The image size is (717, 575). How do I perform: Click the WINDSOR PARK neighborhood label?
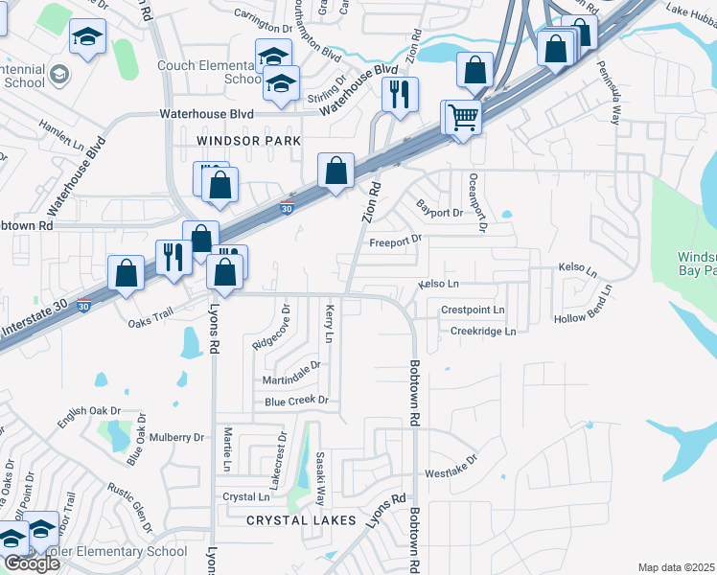click(x=248, y=141)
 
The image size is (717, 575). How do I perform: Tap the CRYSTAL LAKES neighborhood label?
click(x=301, y=520)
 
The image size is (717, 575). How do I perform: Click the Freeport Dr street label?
click(x=396, y=241)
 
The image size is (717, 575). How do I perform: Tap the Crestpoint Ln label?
click(x=473, y=310)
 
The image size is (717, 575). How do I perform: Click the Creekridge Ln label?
click(x=483, y=331)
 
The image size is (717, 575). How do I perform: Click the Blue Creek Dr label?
click(x=297, y=401)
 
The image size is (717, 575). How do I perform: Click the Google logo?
click(x=31, y=563)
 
